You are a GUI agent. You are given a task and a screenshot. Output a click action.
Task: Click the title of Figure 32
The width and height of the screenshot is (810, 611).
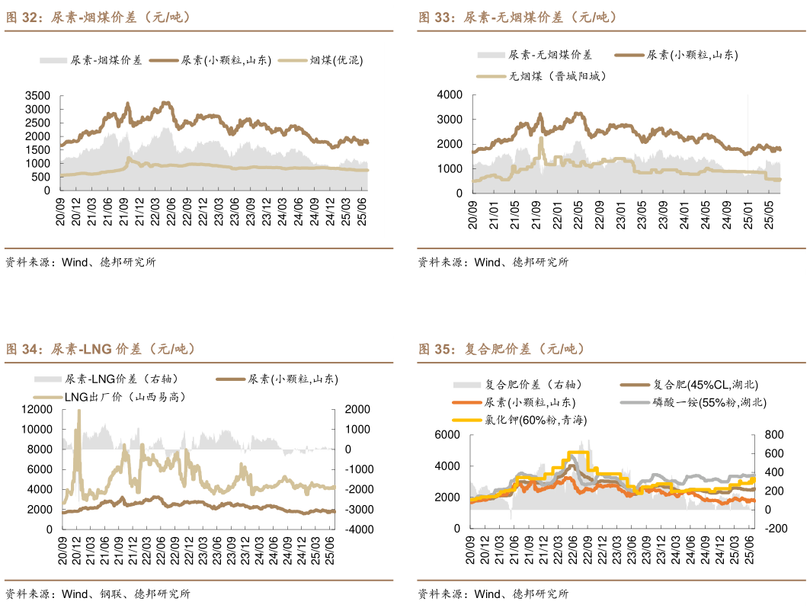[98, 17]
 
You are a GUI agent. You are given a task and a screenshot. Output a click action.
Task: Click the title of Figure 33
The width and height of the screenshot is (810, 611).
[517, 17]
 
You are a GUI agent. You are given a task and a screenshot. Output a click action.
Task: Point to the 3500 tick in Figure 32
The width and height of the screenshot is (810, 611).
[37, 96]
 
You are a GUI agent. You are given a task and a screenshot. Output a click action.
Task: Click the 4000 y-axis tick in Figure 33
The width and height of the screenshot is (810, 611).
[450, 94]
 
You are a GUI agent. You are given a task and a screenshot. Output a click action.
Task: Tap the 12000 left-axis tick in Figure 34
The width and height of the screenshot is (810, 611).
[37, 409]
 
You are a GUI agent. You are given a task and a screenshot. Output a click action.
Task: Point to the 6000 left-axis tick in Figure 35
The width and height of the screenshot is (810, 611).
[449, 434]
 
